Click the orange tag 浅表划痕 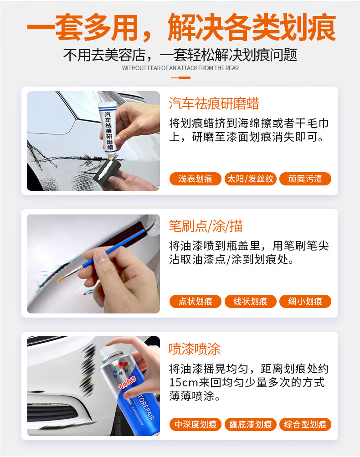(195, 179)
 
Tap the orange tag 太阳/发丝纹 (250, 179)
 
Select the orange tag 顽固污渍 (305, 179)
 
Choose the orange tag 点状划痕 (195, 301)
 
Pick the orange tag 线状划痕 (250, 301)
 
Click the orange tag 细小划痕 (305, 301)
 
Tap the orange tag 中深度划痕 (195, 424)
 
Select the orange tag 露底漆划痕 (250, 424)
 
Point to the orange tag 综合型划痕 (305, 424)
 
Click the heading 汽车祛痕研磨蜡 (214, 103)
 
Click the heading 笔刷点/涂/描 (206, 226)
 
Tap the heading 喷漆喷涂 (195, 349)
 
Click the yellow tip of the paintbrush (62, 279)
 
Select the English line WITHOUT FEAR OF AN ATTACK (180, 68)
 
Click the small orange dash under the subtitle (181, 78)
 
